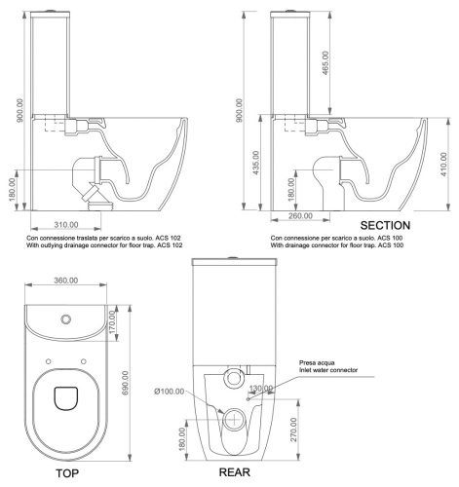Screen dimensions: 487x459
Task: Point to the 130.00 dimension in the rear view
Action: [260, 390]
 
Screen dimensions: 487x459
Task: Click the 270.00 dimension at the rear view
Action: [292, 426]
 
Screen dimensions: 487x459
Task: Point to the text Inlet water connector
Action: [329, 371]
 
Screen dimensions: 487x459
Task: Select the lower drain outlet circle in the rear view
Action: [235, 421]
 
